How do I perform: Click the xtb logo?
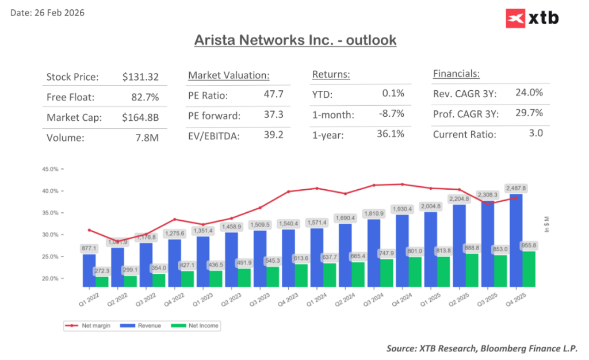(x=532, y=18)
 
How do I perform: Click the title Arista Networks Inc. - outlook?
(x=295, y=41)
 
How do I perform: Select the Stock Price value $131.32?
(x=140, y=77)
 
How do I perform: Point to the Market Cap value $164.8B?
(x=140, y=117)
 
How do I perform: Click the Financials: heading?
(x=456, y=74)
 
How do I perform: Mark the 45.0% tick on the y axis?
(x=51, y=169)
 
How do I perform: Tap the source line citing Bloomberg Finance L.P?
(x=482, y=348)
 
